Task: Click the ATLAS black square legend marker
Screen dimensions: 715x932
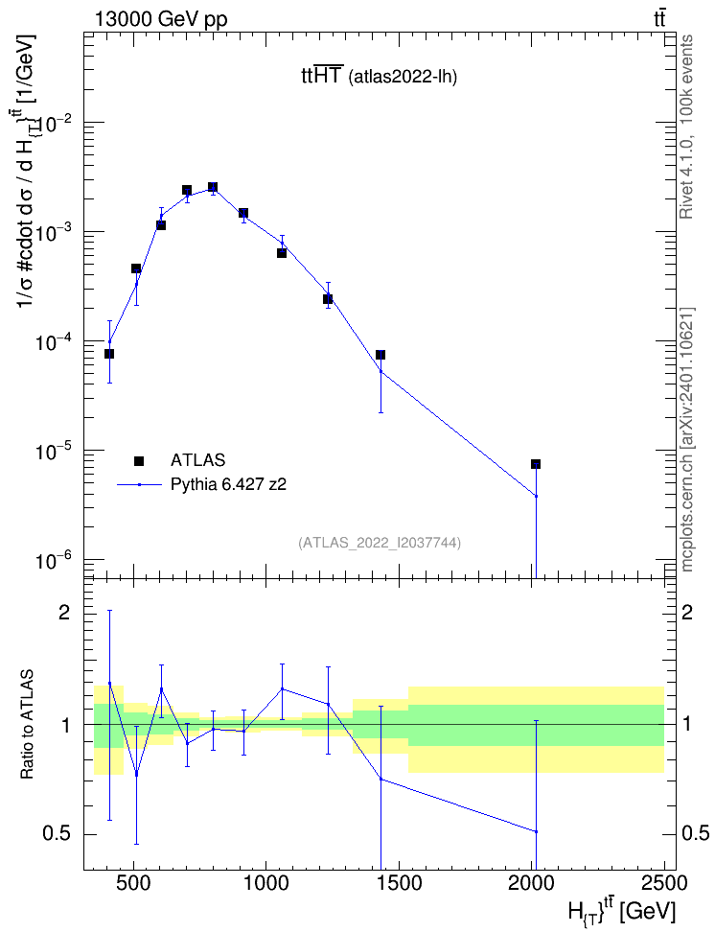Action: (x=139, y=460)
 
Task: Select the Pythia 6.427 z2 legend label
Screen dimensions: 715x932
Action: (x=228, y=484)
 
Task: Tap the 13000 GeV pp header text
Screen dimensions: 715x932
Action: (x=161, y=19)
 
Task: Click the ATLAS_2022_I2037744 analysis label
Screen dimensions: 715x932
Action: (x=380, y=542)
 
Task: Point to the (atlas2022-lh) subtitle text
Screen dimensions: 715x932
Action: (x=403, y=77)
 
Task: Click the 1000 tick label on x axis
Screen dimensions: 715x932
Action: (x=265, y=884)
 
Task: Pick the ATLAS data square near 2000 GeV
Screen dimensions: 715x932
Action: (x=536, y=464)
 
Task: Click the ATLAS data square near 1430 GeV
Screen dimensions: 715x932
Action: (x=381, y=355)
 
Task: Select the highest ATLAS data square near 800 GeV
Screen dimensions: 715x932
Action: (x=212, y=187)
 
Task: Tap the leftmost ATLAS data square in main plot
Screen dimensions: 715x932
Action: (x=109, y=354)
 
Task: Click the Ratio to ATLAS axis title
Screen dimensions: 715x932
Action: (x=27, y=725)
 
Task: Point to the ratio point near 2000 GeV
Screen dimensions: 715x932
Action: (x=536, y=831)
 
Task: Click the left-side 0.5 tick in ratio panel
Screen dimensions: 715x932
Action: (x=57, y=834)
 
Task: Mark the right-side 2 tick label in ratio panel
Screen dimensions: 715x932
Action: (x=687, y=613)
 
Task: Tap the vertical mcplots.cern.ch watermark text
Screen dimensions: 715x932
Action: (x=687, y=440)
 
